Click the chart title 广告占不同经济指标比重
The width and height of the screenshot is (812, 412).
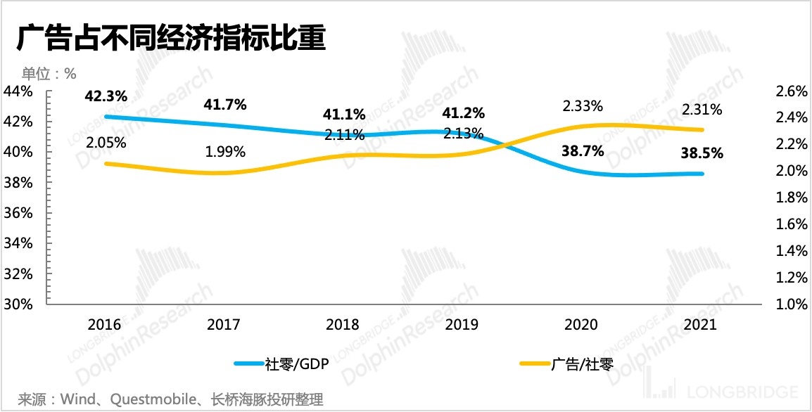pyautogui.click(x=171, y=39)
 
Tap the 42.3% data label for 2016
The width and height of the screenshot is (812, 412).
pyautogui.click(x=106, y=97)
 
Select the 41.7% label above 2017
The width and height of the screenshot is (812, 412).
pyautogui.click(x=224, y=105)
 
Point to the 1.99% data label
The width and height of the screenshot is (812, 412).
pyautogui.click(x=225, y=151)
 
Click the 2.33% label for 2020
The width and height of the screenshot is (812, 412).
pyautogui.click(x=582, y=106)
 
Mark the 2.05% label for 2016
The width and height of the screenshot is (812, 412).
pyautogui.click(x=106, y=143)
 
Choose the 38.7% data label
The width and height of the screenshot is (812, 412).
pyautogui.click(x=582, y=150)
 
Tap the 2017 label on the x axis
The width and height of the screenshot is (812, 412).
pyautogui.click(x=224, y=325)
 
